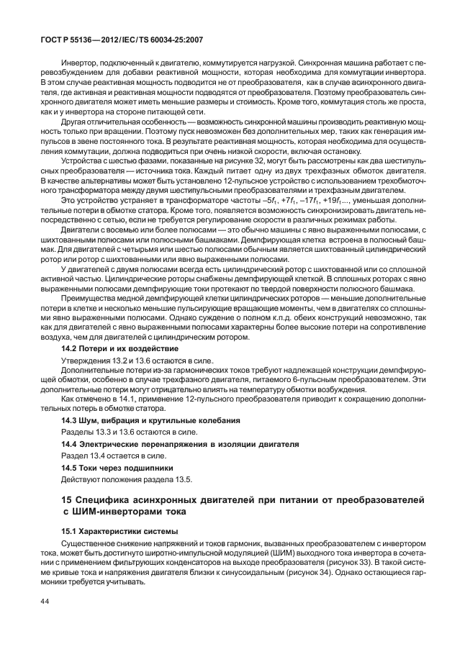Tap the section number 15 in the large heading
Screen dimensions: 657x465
point(67,499)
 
